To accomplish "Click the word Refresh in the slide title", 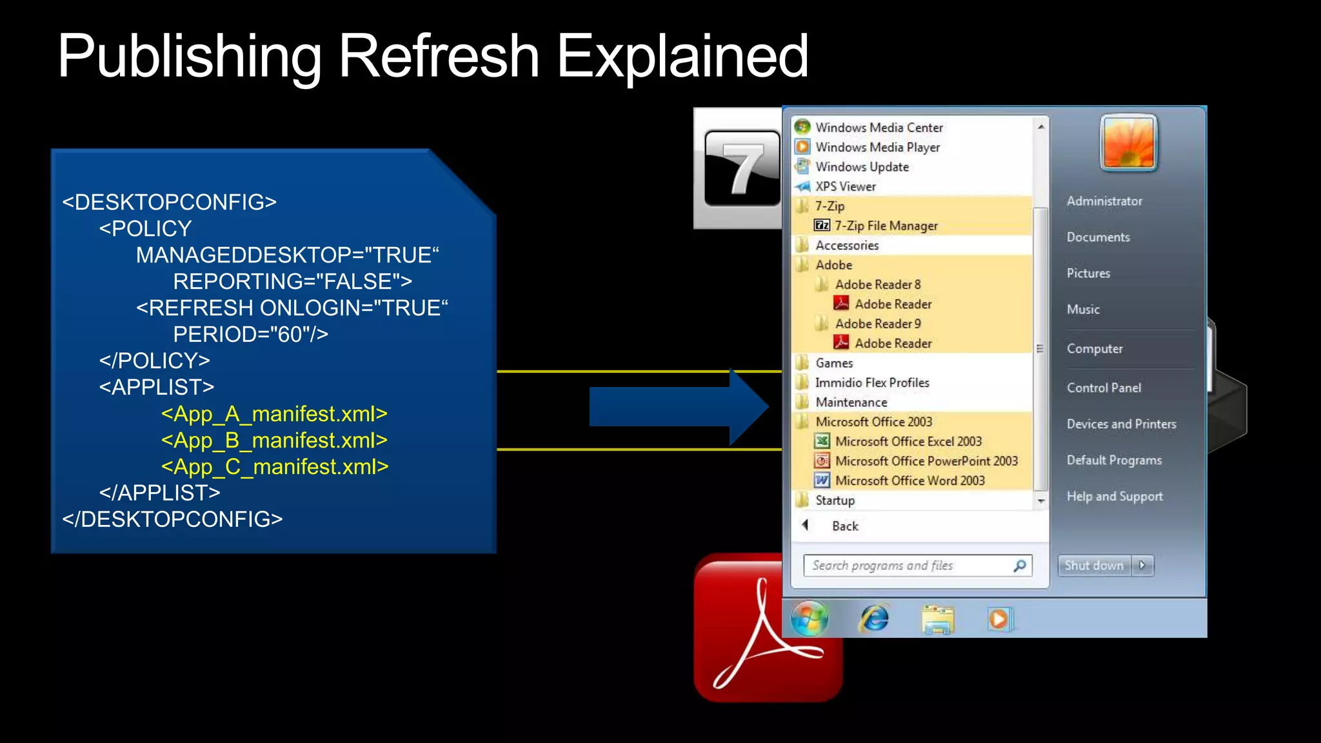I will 439,57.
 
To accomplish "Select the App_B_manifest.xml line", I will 274,441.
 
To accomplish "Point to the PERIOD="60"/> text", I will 250,334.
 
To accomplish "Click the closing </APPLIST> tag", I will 159,493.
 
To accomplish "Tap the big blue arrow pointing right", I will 677,407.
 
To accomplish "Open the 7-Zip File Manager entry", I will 886,226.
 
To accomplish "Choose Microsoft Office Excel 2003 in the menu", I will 908,442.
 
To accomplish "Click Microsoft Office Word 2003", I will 909,480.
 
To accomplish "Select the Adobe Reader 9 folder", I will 877,324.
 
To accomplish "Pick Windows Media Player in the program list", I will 877,147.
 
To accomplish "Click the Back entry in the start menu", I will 844,526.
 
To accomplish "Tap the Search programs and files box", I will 909,566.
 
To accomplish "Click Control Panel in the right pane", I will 1104,388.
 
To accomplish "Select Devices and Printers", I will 1121,424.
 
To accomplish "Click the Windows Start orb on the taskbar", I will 809,619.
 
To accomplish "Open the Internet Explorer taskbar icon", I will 874,619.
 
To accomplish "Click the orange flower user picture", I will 1129,143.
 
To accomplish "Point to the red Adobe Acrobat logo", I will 742,651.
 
